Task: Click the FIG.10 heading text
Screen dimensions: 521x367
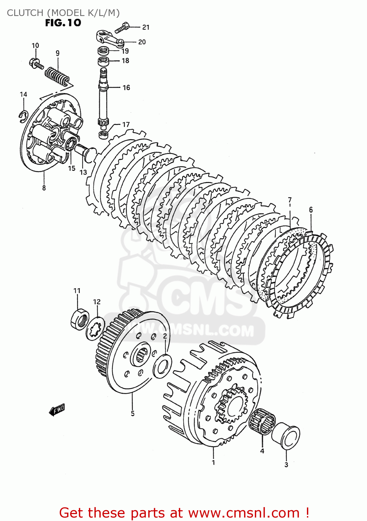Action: [63, 23]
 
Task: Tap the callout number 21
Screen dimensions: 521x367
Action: [146, 27]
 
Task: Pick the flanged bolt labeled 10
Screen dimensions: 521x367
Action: [36, 64]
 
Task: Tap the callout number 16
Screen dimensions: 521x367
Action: [126, 88]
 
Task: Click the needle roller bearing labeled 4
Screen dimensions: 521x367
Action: [262, 421]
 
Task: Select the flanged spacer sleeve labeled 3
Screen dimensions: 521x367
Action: [287, 437]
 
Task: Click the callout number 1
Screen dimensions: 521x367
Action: [214, 462]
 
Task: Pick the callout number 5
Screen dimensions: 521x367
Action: [133, 413]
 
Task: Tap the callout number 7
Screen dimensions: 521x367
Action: [290, 200]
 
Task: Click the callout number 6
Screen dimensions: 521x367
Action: [311, 209]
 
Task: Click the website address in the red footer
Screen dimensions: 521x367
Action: [243, 513]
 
